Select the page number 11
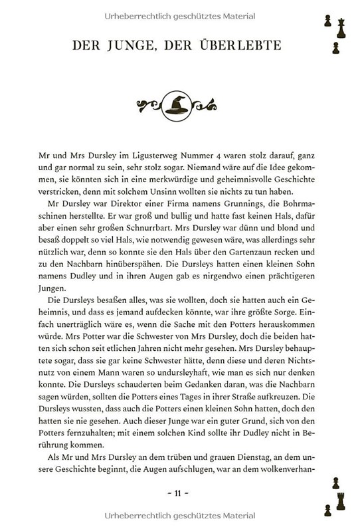(179, 492)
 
